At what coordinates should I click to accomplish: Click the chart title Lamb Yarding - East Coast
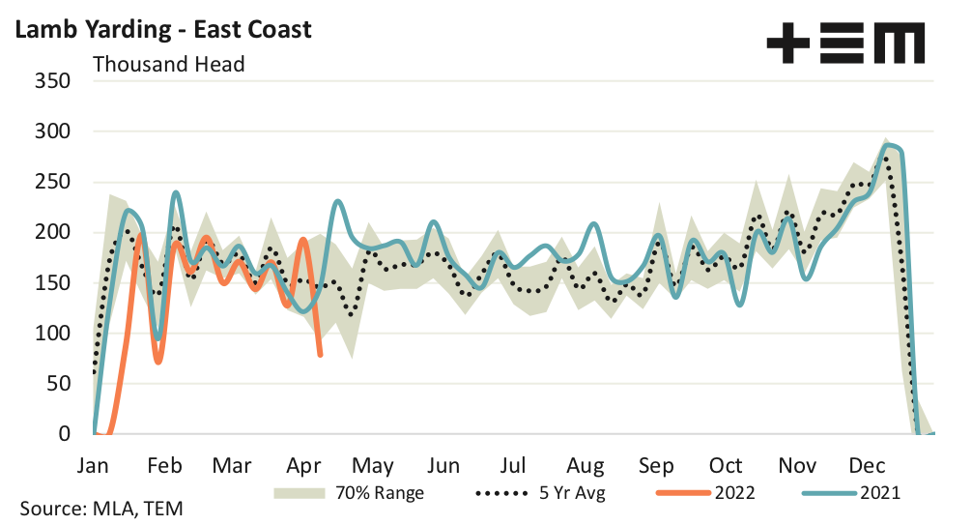(161, 29)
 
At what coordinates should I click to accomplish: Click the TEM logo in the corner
(844, 44)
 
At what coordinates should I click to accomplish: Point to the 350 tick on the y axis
(52, 80)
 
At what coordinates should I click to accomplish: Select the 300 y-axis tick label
(52, 131)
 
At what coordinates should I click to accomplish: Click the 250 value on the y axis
(52, 182)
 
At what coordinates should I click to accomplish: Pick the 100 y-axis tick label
(52, 334)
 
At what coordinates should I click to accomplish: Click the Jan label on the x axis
(94, 464)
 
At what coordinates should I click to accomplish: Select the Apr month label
(303, 464)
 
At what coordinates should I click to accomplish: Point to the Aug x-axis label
(586, 464)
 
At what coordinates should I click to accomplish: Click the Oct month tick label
(726, 464)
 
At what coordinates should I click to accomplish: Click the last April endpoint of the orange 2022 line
(321, 355)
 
